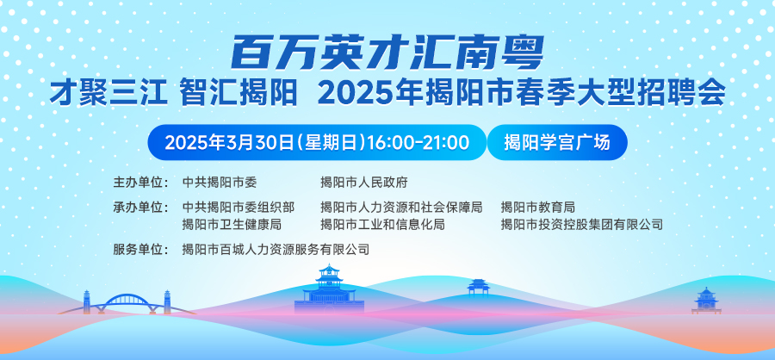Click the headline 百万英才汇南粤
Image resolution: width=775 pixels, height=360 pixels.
click(387, 53)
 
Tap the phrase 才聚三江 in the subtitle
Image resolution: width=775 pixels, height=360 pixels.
click(108, 93)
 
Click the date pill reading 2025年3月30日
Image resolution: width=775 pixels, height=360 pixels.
click(317, 142)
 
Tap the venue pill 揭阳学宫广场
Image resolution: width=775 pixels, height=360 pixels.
click(557, 142)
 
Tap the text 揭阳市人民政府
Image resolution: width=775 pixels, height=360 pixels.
click(363, 182)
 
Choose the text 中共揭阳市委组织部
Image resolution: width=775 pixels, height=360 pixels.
click(239, 207)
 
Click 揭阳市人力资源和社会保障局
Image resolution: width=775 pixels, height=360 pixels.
click(401, 207)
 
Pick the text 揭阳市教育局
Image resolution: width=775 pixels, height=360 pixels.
click(537, 207)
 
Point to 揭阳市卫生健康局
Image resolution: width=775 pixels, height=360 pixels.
click(232, 225)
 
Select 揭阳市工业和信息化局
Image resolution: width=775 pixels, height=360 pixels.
click(382, 225)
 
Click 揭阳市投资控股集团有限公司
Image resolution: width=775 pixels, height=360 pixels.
click(582, 225)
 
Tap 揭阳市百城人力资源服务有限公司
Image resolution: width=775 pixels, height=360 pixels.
click(276, 250)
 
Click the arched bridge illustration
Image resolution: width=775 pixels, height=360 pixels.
click(127, 302)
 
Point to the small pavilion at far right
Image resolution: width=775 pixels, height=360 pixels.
click(706, 301)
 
